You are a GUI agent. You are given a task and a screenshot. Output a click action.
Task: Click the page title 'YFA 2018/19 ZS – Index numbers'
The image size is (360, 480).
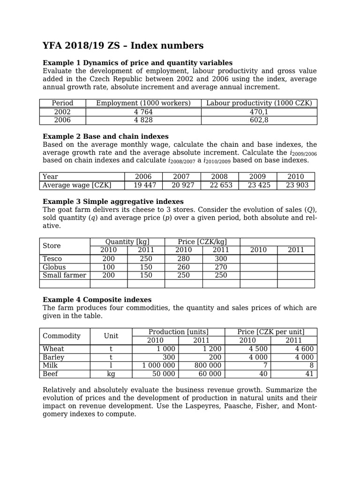tap(123, 45)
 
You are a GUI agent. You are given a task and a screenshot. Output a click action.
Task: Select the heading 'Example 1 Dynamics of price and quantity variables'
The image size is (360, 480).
tap(137, 63)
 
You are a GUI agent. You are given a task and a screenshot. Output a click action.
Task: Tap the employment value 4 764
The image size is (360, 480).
tap(143, 112)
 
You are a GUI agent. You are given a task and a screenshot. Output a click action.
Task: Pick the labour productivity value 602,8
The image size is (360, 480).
tap(258, 120)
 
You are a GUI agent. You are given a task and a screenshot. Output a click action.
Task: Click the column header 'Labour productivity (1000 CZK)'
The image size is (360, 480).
tap(259, 103)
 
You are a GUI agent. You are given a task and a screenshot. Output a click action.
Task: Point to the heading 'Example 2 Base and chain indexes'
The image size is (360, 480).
tap(105, 136)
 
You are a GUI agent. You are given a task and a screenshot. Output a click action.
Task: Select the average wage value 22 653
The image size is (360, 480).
tap(219, 185)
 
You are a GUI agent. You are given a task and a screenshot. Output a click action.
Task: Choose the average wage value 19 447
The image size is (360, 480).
tap(143, 185)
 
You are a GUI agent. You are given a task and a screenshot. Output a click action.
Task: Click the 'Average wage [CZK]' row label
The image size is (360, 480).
tap(77, 185)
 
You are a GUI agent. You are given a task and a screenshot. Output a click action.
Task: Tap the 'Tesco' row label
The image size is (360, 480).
tap(52, 259)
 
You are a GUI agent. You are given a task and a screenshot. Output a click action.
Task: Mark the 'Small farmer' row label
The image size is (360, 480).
tap(64, 276)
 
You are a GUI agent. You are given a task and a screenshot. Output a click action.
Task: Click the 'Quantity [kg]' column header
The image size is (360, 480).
tap(127, 242)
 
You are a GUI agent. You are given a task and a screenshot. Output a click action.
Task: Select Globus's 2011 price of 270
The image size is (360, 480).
tap(221, 267)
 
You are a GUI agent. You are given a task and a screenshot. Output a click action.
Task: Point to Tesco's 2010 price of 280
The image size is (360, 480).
tap(183, 259)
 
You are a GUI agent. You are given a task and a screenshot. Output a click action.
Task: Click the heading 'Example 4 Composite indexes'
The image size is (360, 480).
tap(97, 300)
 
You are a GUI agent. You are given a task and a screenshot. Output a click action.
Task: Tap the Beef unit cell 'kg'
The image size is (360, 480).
tap(111, 374)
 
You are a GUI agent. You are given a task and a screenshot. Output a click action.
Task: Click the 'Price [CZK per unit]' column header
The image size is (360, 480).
tap(271, 332)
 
